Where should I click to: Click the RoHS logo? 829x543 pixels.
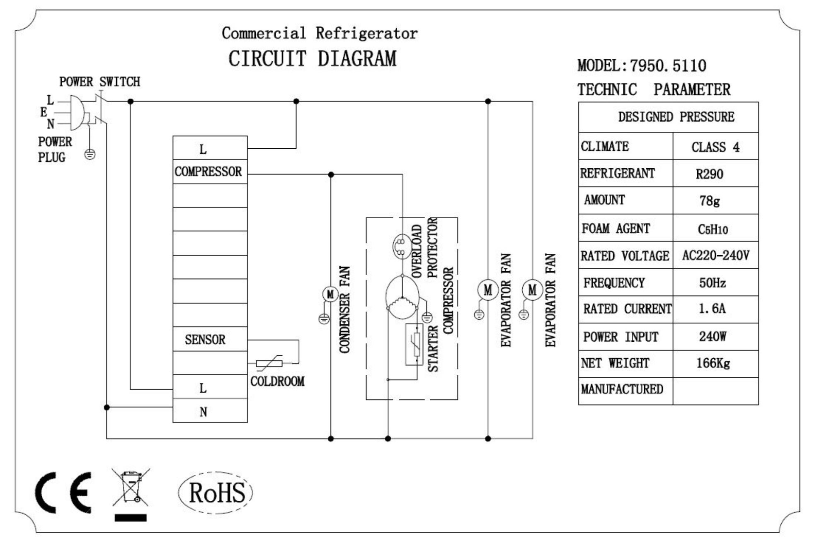pos(216,492)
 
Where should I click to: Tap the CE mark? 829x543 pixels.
pos(63,493)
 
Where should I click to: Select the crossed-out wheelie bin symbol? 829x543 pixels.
pos(131,489)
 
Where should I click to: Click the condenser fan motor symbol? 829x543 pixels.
pos(330,294)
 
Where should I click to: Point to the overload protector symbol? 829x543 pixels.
pos(401,246)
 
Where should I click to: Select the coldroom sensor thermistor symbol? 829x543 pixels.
pos(269,363)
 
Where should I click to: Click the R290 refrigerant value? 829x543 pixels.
pos(709,174)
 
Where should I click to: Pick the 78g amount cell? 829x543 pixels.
pos(709,201)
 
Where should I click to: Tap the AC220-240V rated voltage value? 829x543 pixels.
pos(715,255)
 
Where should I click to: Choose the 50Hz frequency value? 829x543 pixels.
pos(712,283)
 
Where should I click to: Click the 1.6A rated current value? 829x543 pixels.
pos(712,309)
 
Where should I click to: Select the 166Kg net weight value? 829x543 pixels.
pos(713,363)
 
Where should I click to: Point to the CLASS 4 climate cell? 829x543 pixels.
pos(715,147)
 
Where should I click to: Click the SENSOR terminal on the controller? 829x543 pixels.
pos(205,340)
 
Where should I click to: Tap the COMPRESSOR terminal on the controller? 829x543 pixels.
pos(208,171)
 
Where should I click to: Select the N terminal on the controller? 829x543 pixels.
pos(203,412)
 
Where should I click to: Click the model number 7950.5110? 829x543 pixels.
pos(668,65)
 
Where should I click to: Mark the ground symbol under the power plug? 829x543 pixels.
pos(90,154)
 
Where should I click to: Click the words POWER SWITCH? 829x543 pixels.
pos(99,82)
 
